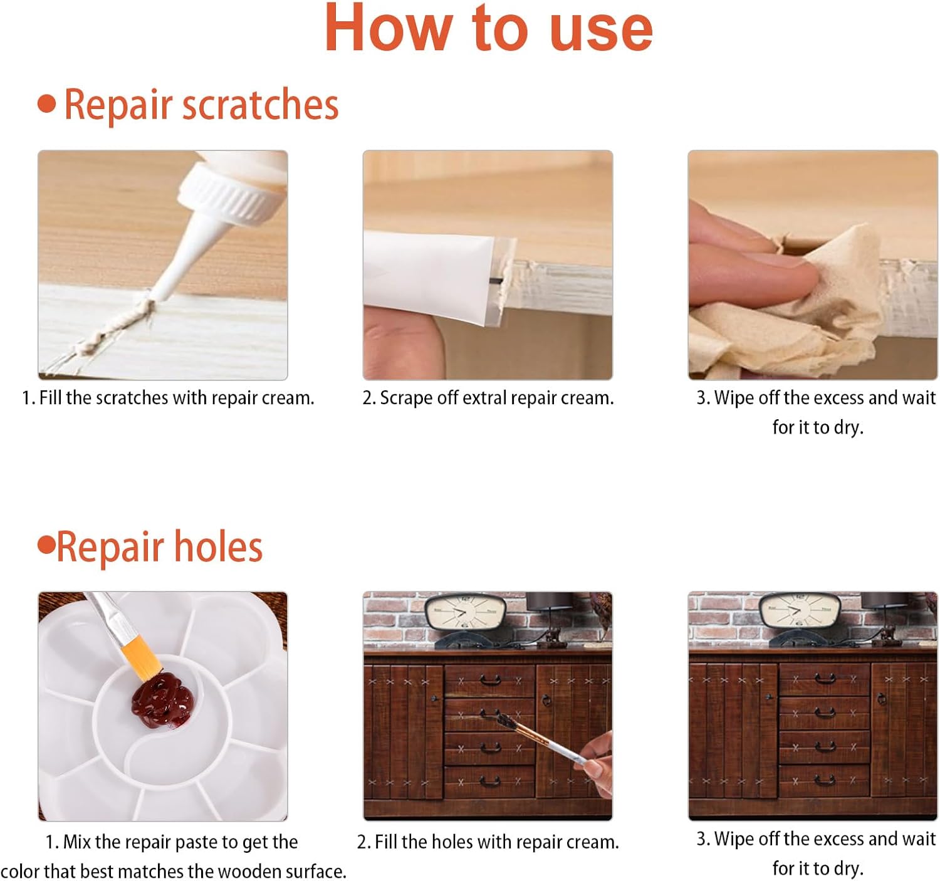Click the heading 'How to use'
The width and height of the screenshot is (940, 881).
click(x=488, y=28)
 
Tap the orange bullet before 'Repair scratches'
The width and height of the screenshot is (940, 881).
click(x=46, y=103)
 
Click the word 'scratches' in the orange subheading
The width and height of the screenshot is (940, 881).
click(x=260, y=105)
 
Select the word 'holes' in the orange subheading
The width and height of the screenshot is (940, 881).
click(x=218, y=547)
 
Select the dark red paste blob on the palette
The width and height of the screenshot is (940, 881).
click(x=163, y=701)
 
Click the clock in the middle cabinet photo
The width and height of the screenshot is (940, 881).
click(x=465, y=613)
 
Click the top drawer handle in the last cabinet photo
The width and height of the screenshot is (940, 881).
click(x=825, y=679)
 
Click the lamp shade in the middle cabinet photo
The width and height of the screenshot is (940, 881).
click(x=549, y=601)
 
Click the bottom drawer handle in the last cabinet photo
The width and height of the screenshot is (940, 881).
click(x=825, y=781)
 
